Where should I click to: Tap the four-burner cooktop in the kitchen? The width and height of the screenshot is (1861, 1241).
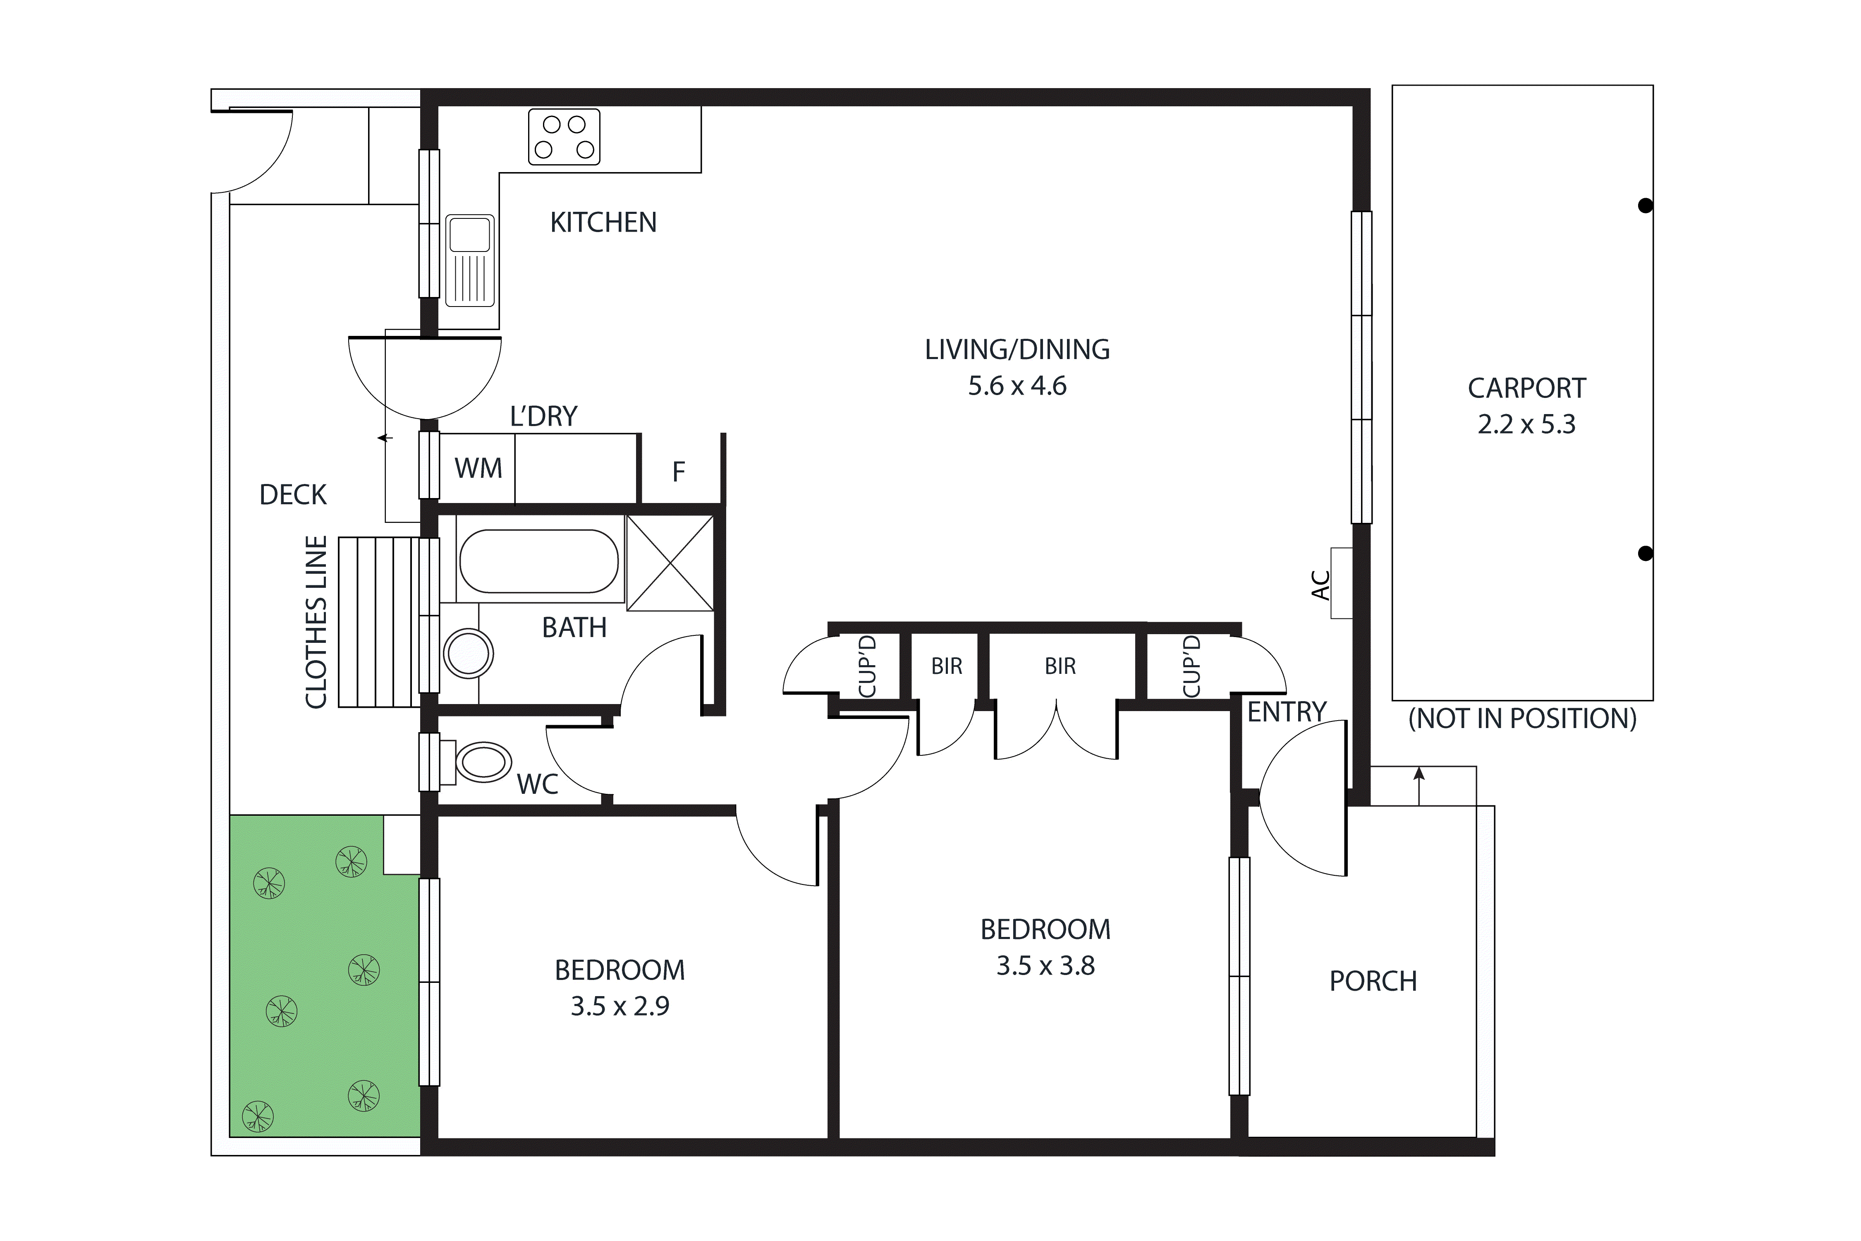click(x=564, y=137)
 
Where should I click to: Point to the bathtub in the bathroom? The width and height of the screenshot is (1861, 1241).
click(x=538, y=561)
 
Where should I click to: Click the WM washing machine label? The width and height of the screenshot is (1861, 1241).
click(x=478, y=469)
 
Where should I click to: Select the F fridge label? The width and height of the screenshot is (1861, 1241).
click(x=678, y=472)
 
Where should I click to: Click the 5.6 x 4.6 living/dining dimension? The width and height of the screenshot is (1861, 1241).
click(x=1017, y=386)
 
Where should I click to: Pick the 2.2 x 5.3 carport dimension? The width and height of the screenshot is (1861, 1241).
click(x=1526, y=425)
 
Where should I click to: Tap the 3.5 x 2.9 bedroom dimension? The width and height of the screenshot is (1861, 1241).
click(x=620, y=1006)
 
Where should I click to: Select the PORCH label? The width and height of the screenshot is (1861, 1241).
click(x=1373, y=981)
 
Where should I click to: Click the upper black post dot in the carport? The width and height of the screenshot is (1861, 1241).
click(x=1645, y=206)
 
